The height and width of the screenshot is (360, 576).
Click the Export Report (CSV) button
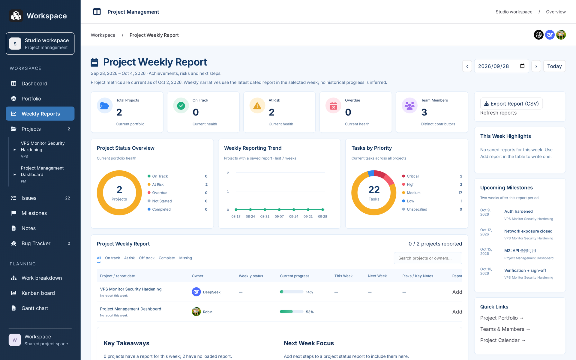click(x=511, y=103)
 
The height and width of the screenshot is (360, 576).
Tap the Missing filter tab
click(x=185, y=258)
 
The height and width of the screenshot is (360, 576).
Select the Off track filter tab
click(x=147, y=258)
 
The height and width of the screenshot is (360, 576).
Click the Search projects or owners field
click(x=428, y=258)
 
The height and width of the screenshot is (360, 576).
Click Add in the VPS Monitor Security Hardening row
click(x=457, y=292)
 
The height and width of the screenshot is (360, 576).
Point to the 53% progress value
click(x=310, y=312)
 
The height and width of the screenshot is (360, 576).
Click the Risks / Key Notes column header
click(x=418, y=276)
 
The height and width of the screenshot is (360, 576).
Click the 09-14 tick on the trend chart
click(x=294, y=217)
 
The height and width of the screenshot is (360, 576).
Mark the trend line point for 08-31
click(x=265, y=210)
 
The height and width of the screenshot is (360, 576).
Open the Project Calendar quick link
click(x=502, y=340)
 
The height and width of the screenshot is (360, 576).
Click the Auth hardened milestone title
click(x=518, y=211)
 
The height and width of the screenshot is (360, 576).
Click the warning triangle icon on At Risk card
click(x=257, y=106)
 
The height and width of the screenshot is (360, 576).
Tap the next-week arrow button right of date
click(x=536, y=66)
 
